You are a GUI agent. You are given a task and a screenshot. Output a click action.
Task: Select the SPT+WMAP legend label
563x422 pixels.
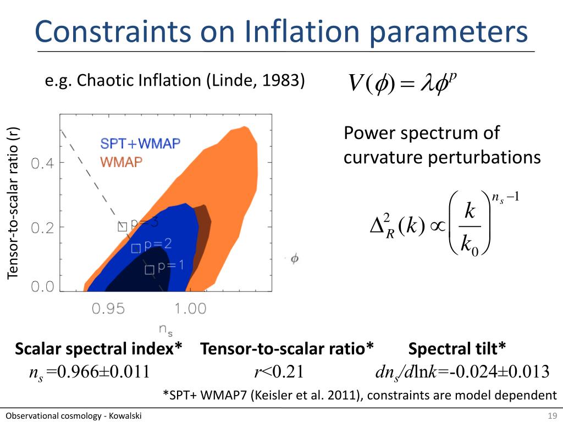(140, 144)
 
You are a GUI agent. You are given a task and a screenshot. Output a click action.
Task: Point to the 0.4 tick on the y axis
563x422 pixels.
(43, 164)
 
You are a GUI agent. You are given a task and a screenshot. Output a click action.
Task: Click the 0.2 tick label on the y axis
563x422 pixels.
(43, 228)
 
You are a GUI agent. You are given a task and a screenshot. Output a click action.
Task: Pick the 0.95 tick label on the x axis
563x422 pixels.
(108, 309)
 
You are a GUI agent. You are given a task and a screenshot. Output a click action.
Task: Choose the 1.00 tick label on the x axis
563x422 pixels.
(190, 309)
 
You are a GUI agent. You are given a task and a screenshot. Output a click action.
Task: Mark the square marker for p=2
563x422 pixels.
(136, 248)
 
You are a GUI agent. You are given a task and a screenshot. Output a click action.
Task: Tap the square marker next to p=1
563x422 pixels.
(149, 270)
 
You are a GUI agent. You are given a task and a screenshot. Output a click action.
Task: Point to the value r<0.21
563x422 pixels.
(279, 372)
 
